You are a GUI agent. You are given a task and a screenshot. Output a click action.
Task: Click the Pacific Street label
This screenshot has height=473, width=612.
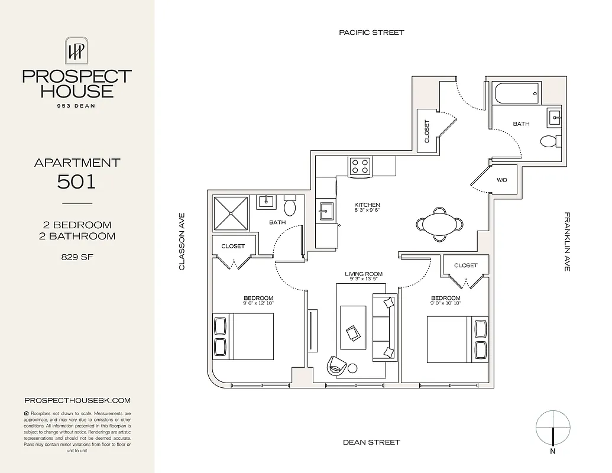(x=371, y=33)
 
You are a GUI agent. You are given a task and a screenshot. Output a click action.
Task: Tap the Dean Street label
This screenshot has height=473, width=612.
(x=371, y=442)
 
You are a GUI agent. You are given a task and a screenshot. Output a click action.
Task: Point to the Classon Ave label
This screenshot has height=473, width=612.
(x=182, y=242)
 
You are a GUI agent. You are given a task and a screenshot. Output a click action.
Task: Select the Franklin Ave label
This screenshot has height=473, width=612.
(x=566, y=242)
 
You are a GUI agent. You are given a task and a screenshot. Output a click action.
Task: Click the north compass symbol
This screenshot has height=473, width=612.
(x=552, y=429)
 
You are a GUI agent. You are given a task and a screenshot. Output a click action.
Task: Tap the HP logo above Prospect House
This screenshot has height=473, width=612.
(x=77, y=51)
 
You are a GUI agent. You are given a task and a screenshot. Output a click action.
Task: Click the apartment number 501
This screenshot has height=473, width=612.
(x=77, y=182)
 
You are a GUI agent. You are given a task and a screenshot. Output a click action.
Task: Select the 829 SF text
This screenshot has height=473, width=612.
(x=77, y=257)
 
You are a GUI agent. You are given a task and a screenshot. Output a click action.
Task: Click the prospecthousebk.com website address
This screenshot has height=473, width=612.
(x=77, y=400)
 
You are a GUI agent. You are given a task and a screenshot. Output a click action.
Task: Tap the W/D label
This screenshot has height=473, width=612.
(x=502, y=180)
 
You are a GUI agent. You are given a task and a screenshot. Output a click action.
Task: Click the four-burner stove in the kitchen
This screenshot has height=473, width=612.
(x=360, y=166)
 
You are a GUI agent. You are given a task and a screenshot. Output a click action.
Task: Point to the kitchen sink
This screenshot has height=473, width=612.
(x=326, y=211)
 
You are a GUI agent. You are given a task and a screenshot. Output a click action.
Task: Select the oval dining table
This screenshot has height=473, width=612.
(x=439, y=224)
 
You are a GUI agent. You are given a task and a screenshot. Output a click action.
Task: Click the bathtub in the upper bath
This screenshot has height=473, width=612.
(x=517, y=93)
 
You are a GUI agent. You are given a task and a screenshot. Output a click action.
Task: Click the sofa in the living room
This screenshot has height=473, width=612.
(x=384, y=327)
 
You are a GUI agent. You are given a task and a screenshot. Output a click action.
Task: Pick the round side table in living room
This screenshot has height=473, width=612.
(x=352, y=368)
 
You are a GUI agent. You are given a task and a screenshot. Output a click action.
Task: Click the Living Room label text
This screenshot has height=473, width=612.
(x=364, y=274)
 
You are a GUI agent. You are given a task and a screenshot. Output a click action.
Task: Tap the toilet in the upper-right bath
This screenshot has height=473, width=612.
(x=549, y=141)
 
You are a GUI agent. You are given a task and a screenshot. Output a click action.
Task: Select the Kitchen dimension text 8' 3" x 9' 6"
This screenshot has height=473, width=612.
(x=367, y=210)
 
